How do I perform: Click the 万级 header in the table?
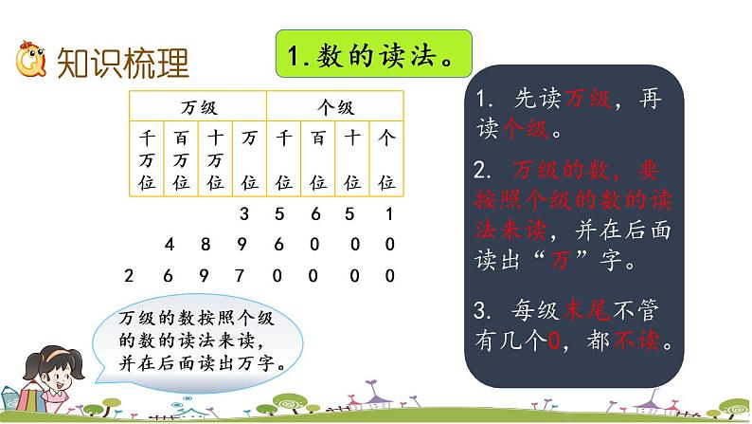pos(199,107)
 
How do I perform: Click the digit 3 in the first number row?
pos(244,212)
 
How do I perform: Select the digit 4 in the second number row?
pos(169,245)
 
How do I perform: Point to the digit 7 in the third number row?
pos(244,276)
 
